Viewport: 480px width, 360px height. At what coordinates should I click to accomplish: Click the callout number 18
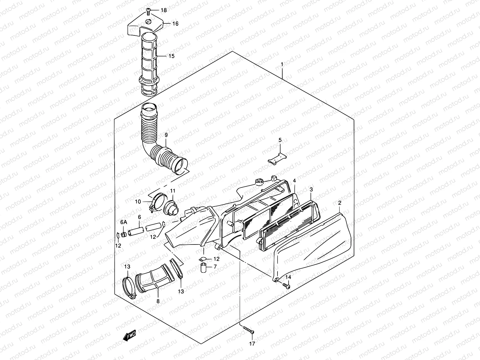click(x=163, y=10)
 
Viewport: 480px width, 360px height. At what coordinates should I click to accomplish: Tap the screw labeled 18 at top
click(x=148, y=11)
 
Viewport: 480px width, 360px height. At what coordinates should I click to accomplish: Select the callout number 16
click(x=175, y=24)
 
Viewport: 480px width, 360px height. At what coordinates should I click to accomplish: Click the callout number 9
click(x=166, y=135)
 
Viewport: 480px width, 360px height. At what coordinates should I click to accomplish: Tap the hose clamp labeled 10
click(x=155, y=202)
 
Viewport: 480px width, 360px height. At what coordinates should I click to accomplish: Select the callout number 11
click(x=172, y=191)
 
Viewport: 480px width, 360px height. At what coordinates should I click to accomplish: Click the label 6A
click(x=124, y=222)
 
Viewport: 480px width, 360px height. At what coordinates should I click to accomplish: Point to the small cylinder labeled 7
click(x=204, y=268)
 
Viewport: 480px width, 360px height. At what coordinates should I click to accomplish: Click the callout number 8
click(x=158, y=301)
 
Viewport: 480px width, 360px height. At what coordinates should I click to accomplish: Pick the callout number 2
click(x=340, y=203)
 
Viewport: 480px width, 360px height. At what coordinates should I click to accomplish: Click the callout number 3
click(x=311, y=189)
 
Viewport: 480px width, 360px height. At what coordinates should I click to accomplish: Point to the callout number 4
click(x=294, y=181)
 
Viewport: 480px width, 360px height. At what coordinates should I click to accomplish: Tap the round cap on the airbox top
click(x=258, y=181)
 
